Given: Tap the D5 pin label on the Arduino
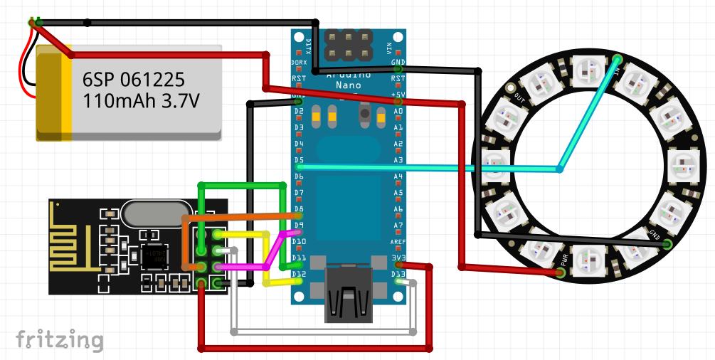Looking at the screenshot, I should (x=299, y=160).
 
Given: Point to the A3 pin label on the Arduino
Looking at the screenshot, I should (x=398, y=160).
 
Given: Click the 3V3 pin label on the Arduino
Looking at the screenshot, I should (x=398, y=258).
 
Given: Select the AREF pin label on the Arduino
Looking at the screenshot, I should (x=398, y=242).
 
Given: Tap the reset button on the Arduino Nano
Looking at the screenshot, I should (x=366, y=112).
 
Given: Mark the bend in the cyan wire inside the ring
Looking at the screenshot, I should (x=560, y=169).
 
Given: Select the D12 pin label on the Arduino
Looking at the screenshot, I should (x=299, y=274).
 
